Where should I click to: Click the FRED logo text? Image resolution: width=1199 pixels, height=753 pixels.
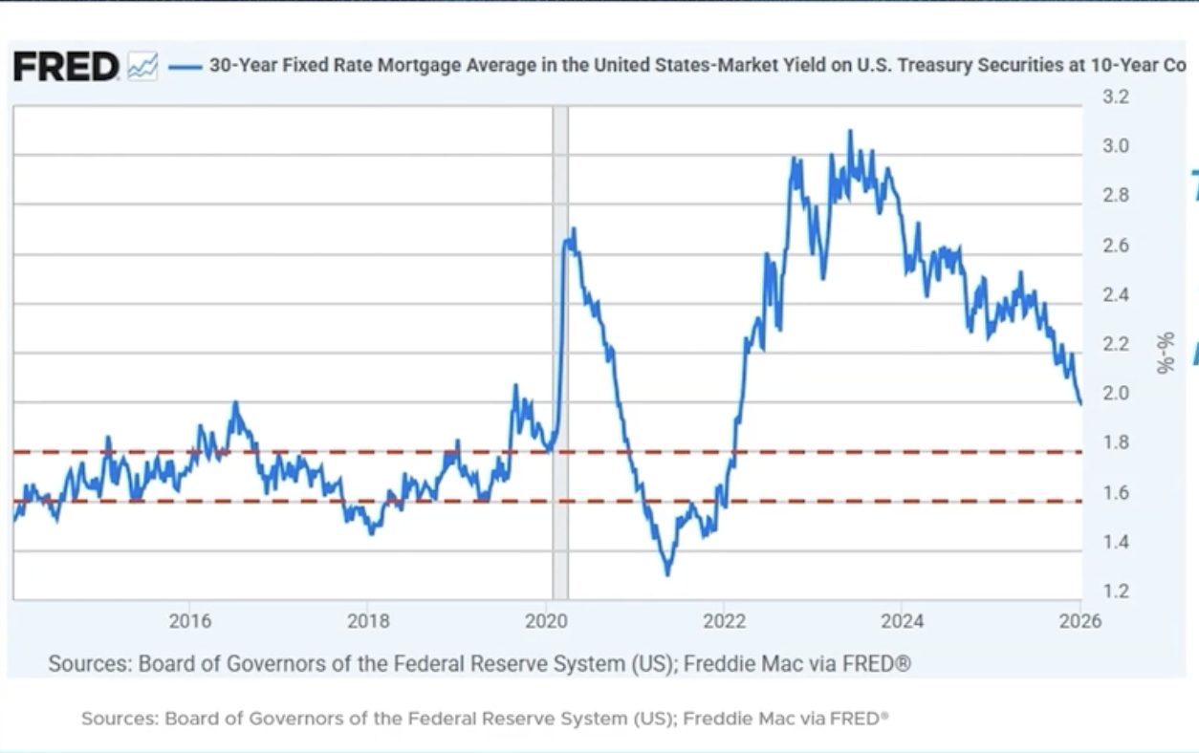(x=65, y=67)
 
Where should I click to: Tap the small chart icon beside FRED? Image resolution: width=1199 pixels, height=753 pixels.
(x=142, y=67)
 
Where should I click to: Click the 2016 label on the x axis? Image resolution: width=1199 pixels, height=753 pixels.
(x=190, y=621)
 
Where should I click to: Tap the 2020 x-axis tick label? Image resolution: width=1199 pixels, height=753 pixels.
(x=547, y=621)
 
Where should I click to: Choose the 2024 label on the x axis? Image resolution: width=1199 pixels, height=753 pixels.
(x=903, y=621)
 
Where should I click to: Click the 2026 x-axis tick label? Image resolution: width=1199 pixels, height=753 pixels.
(x=1080, y=621)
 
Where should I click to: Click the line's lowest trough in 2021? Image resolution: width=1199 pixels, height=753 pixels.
(x=666, y=574)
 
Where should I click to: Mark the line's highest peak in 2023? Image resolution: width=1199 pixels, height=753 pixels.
(x=850, y=131)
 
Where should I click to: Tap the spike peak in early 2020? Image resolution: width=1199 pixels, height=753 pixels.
(x=573, y=229)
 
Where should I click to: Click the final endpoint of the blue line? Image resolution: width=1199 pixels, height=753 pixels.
(x=1080, y=404)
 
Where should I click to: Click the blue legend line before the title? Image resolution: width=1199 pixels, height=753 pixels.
(x=185, y=67)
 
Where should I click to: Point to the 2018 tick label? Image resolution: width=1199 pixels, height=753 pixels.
(x=368, y=621)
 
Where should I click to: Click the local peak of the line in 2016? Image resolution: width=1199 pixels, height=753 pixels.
(x=235, y=403)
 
